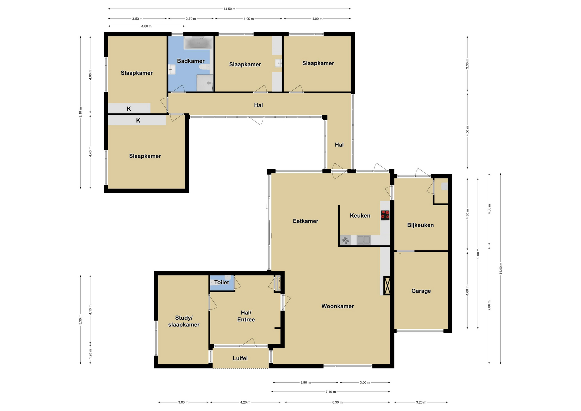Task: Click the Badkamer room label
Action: [x=191, y=61]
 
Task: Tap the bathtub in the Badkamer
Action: [x=198, y=43]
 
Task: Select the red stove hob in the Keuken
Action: [x=385, y=215]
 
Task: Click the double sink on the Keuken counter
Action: [x=363, y=240]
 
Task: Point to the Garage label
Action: [x=421, y=291]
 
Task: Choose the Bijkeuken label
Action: [x=420, y=225]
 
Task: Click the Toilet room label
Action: [x=222, y=282]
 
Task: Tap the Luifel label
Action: [x=240, y=358]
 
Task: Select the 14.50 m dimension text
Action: [x=229, y=9]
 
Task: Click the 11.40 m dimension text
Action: [x=501, y=268]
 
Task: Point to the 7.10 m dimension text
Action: [x=331, y=392]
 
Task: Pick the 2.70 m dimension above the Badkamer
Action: [x=191, y=19]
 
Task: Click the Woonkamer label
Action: [x=337, y=306]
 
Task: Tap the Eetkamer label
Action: [x=306, y=221]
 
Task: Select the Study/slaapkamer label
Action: [x=184, y=321]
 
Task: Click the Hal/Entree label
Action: [x=246, y=316]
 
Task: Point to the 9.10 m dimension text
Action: [x=80, y=112]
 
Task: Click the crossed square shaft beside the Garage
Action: [x=387, y=285]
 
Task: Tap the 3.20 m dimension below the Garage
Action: [x=421, y=402]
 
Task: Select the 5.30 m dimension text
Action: [x=80, y=320]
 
